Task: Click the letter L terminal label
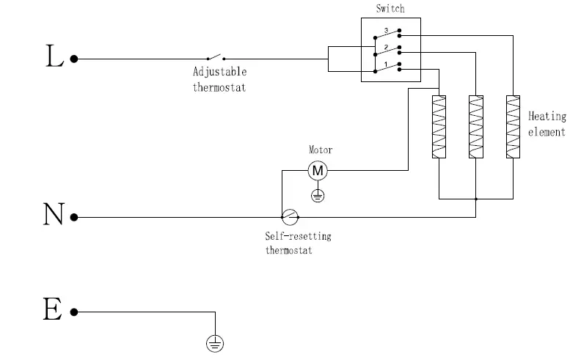tap(54, 58)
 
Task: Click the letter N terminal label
tap(54, 216)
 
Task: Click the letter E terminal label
tap(52, 310)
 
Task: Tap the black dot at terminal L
tap(74, 58)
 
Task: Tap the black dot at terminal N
tap(74, 217)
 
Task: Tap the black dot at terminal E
tap(74, 312)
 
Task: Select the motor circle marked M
tap(318, 171)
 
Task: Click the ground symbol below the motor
tap(318, 195)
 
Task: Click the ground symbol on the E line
tap(215, 342)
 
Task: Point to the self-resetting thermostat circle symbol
tap(290, 217)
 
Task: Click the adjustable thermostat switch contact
tap(215, 57)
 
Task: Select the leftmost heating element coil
tap(438, 126)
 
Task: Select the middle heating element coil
tap(476, 126)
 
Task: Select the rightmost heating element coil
tap(513, 126)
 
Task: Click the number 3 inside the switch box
tap(385, 30)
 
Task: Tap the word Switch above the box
tap(390, 9)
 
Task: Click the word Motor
tap(320, 150)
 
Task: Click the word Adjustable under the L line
tap(219, 73)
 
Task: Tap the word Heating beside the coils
tap(547, 117)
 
